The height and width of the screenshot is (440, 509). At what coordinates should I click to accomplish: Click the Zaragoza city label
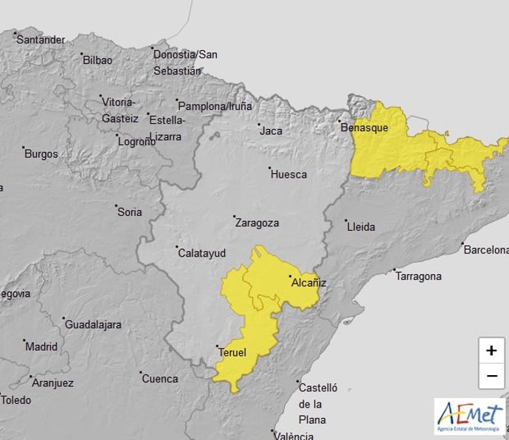[257, 223]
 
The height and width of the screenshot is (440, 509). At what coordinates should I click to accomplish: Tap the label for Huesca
[288, 175]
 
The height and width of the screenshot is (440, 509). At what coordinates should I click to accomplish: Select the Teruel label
[232, 352]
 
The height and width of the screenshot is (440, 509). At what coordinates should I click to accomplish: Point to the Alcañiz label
[308, 282]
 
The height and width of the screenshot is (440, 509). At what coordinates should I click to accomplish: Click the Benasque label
[364, 127]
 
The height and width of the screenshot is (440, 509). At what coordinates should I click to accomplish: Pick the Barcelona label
[486, 250]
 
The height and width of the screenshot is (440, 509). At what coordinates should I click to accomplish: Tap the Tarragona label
[418, 276]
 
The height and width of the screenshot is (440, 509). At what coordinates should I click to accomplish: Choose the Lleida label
[361, 227]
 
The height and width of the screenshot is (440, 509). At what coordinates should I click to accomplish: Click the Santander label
[41, 39]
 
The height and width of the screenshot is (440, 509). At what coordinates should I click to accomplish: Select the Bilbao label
[97, 60]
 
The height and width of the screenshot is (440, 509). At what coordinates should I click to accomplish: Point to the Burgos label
[41, 154]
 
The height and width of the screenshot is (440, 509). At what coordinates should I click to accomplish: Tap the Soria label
[130, 212]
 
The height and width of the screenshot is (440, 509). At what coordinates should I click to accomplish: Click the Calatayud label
[202, 253]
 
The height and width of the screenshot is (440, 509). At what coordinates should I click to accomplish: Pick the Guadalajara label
[94, 324]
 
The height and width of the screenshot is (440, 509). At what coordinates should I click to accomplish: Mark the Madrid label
[41, 346]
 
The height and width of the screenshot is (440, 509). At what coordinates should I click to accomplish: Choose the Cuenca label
[160, 379]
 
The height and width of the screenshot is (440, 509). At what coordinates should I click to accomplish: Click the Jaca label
[271, 131]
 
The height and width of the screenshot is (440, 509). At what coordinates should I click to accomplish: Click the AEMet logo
[469, 417]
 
